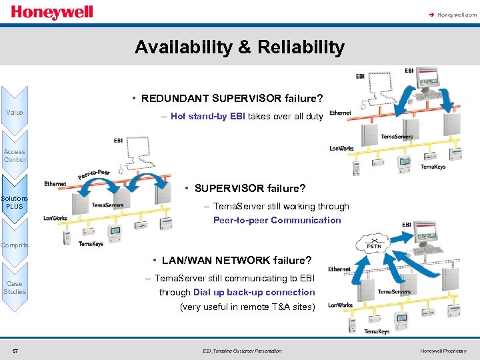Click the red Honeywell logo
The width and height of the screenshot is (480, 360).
point(52,13)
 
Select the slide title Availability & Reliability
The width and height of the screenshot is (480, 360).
point(239,47)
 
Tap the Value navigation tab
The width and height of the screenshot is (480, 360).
point(15,112)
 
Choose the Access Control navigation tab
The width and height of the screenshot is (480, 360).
point(15,155)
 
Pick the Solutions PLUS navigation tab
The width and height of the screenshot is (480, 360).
point(15,202)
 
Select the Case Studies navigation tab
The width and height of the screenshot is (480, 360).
point(15,287)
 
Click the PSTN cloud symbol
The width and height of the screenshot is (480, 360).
point(375,245)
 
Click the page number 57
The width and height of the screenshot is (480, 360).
point(15,351)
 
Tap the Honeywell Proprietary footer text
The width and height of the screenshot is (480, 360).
point(443,351)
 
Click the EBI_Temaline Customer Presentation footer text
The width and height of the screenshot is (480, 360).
point(241,351)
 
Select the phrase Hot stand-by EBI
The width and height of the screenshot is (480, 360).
point(208,116)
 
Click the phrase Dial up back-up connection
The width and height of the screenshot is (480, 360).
point(254,292)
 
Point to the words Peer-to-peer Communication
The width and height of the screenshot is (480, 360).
point(277,220)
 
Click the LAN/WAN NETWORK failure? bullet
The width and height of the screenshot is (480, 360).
point(235,260)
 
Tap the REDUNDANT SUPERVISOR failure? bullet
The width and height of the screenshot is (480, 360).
point(232,99)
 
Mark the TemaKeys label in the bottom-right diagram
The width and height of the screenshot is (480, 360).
point(377,331)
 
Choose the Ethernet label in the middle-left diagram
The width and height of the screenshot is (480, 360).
point(55,183)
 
